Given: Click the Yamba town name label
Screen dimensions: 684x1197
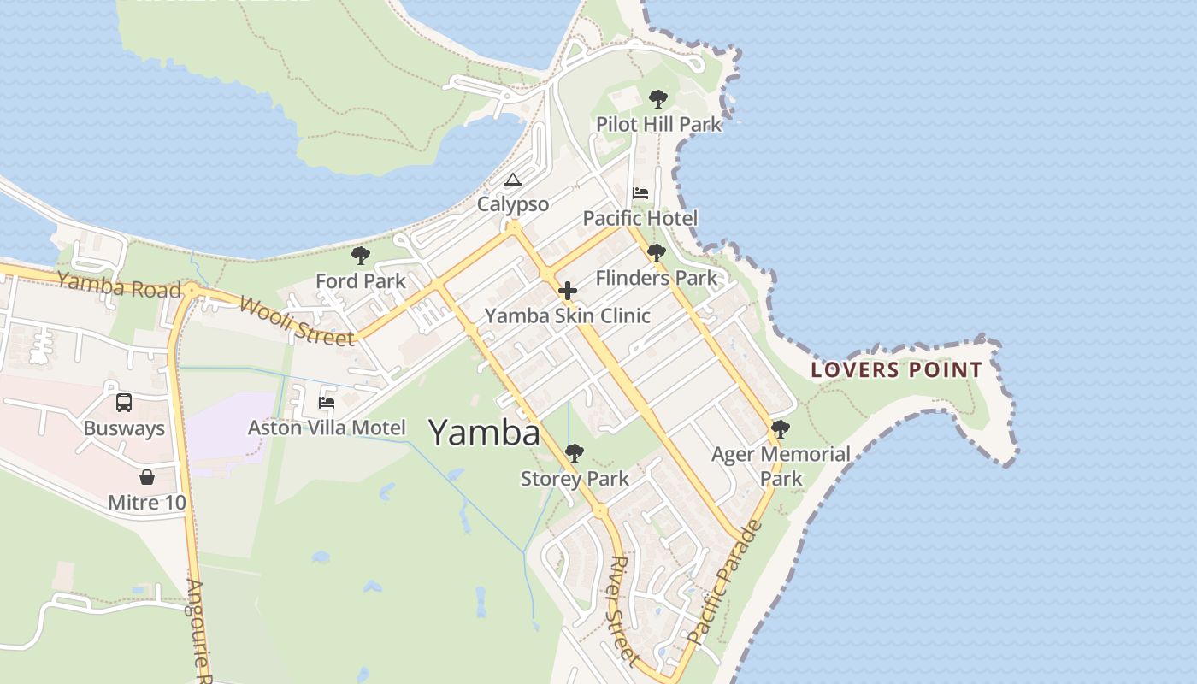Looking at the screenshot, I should tap(484, 433).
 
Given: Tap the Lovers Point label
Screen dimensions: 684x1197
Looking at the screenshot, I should tap(896, 370).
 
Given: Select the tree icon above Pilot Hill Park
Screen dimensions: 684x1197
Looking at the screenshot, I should tap(657, 99).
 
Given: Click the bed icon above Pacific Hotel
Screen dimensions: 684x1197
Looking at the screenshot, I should tap(640, 193).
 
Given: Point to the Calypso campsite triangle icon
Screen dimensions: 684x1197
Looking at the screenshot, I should tap(512, 180).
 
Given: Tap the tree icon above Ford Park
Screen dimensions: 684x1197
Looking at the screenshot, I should tap(361, 255).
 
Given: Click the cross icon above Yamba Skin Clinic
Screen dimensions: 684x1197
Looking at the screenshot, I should tap(568, 292).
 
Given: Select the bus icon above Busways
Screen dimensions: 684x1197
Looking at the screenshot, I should tap(124, 402).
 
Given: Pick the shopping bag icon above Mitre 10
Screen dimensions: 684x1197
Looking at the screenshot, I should tap(147, 477).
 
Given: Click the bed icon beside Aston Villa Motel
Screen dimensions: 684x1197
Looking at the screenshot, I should tap(327, 402).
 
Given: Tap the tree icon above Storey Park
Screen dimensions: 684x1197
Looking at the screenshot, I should tap(575, 452).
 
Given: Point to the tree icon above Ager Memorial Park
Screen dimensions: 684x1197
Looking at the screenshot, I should tap(780, 428).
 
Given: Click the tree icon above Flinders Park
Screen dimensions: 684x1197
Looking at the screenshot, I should tap(656, 253).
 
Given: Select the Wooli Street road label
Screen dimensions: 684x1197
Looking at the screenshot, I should tap(297, 321).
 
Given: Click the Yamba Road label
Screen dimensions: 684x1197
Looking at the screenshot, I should tap(120, 285).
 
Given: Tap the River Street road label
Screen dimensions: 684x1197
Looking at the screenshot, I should tap(622, 610).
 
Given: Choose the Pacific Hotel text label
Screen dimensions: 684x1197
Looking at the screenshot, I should tap(640, 219).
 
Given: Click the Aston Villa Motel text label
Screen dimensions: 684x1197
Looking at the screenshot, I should tap(327, 427).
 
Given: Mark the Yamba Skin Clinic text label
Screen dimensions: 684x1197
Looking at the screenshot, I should tap(568, 316).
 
